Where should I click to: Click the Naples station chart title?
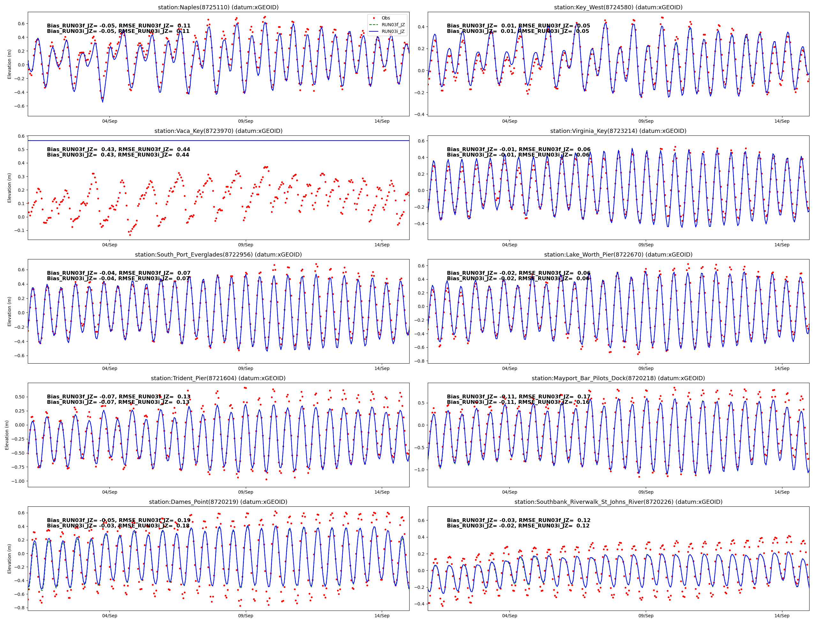coord(218,7)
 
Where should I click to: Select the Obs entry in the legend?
coord(385,18)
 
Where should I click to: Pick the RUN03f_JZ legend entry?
coord(393,25)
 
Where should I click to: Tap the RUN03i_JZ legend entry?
coord(393,31)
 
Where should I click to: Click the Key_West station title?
coord(618,7)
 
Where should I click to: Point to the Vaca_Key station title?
coord(218,131)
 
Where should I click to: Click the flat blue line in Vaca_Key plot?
coord(218,141)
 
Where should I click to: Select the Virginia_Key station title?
coord(618,131)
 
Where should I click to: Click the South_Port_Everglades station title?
coord(218,254)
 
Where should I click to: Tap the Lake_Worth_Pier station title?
coord(618,254)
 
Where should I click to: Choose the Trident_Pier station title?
coord(218,378)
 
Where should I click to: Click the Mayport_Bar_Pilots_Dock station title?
coord(618,378)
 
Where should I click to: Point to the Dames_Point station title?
coord(218,502)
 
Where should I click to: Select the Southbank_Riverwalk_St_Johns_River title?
coord(618,502)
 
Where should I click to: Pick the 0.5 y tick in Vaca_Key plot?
coord(21,150)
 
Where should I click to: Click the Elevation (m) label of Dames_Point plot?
coord(9,558)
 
